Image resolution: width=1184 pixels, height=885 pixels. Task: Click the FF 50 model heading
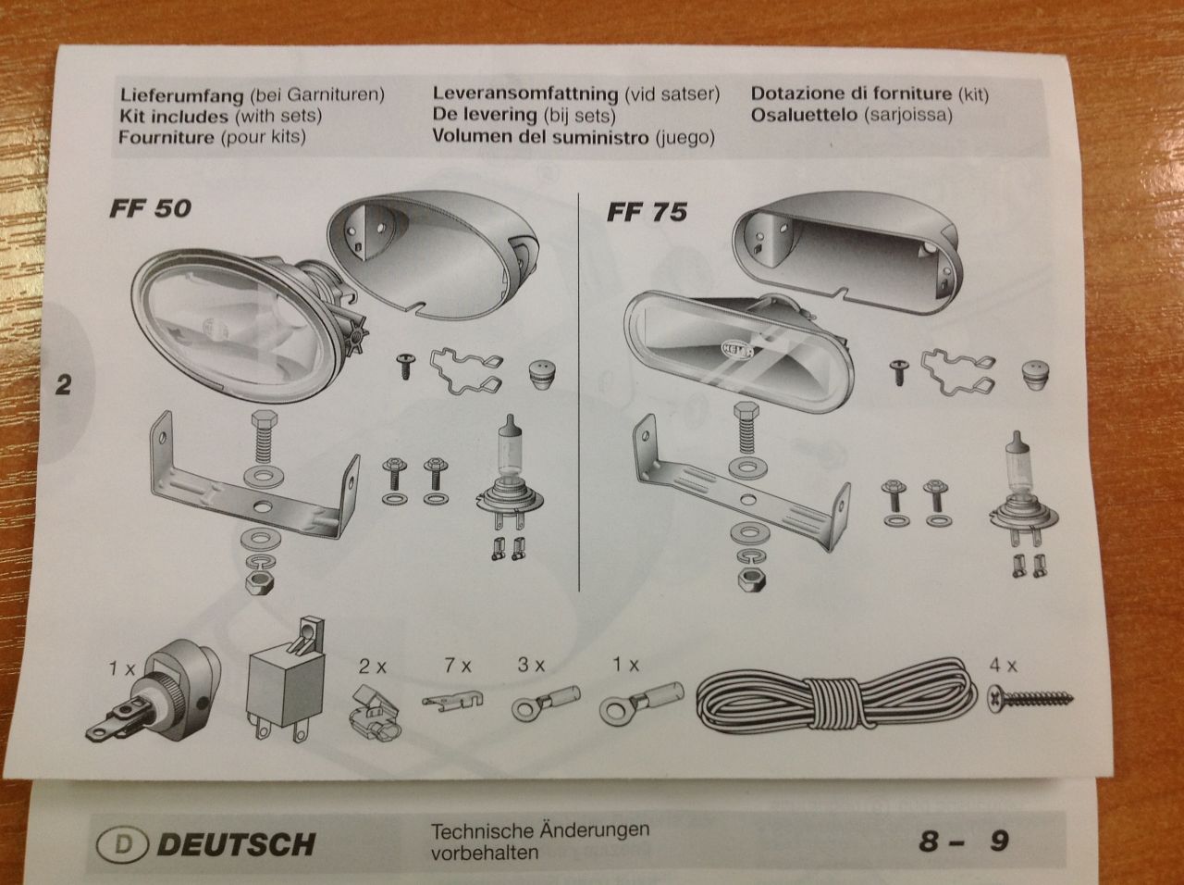pos(151,208)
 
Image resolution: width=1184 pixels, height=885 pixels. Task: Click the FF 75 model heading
pos(647,212)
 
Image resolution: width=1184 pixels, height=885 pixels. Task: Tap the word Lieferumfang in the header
pos(182,95)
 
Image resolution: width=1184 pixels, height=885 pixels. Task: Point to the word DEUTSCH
pos(236,844)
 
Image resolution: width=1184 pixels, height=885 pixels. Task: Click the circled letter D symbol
pos(122,844)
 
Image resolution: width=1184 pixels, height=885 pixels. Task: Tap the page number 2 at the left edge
pos(63,385)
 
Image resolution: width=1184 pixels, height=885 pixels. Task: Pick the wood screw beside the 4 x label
pos(1030,698)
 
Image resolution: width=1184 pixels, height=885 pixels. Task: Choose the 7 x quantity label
pos(458,667)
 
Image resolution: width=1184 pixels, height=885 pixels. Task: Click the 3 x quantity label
pos(531,666)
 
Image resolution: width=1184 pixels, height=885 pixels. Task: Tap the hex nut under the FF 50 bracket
pos(260,582)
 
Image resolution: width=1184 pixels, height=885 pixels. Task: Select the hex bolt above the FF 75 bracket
pos(747,428)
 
